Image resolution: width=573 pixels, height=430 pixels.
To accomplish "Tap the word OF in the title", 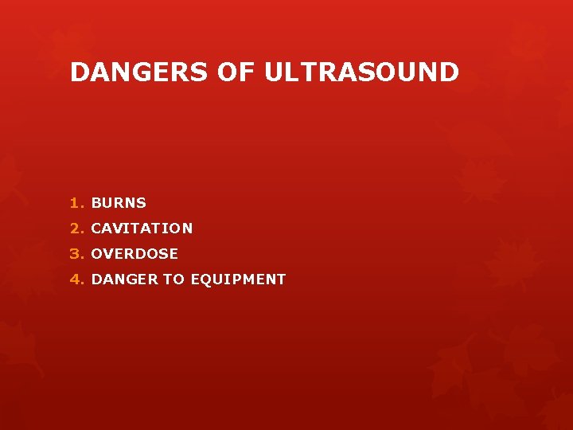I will [x=236, y=72].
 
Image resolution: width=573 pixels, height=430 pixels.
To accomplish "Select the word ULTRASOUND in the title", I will [x=362, y=72].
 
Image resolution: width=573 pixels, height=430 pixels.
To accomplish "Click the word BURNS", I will [x=119, y=203].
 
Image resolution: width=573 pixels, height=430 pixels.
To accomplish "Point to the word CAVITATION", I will [x=142, y=229].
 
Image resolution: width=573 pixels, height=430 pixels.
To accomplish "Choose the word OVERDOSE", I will [x=134, y=254].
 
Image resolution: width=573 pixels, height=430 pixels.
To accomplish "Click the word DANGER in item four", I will [x=125, y=279].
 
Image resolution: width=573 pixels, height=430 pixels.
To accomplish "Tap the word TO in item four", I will [x=173, y=279].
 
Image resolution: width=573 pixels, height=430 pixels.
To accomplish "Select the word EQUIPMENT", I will [x=237, y=279].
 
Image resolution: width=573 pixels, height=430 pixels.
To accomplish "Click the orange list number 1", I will [x=74, y=203].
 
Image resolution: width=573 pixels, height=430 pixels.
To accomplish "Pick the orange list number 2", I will [x=75, y=229].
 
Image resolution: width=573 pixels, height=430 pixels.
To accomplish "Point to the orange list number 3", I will [x=75, y=254].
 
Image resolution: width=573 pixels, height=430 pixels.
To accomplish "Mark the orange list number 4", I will [x=75, y=279].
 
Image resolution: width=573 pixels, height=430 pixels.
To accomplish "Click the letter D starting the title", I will [x=79, y=72].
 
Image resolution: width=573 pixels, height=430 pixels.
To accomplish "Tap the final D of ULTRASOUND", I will [x=450, y=72].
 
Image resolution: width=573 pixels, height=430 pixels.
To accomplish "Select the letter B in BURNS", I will [x=96, y=203].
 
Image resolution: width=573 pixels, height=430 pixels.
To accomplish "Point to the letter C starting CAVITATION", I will [x=96, y=229].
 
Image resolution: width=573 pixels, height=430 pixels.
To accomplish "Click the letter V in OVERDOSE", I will [x=109, y=254].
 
